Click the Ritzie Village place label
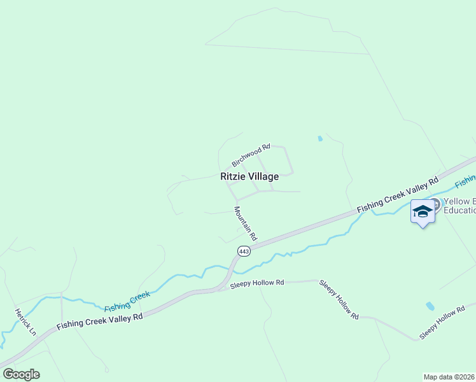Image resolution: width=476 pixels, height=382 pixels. tap(249, 177)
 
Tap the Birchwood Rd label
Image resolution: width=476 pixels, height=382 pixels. tap(251, 155)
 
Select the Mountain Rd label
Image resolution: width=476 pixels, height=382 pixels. tap(245, 223)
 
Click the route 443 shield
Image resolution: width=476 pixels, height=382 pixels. tap(244, 251)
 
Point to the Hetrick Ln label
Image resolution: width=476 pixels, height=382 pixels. tap(26, 322)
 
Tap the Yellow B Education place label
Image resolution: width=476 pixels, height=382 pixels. tap(458, 206)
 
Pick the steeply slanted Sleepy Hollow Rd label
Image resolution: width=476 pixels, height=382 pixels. tap(339, 299)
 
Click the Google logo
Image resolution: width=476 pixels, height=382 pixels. tap(21, 374)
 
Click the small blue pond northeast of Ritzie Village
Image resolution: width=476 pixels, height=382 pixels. tap(320, 138)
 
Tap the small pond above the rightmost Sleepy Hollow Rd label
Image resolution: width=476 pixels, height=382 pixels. tap(430, 306)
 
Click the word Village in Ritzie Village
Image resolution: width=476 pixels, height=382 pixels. tap(264, 177)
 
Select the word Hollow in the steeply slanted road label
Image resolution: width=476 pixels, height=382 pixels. tap(339, 299)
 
